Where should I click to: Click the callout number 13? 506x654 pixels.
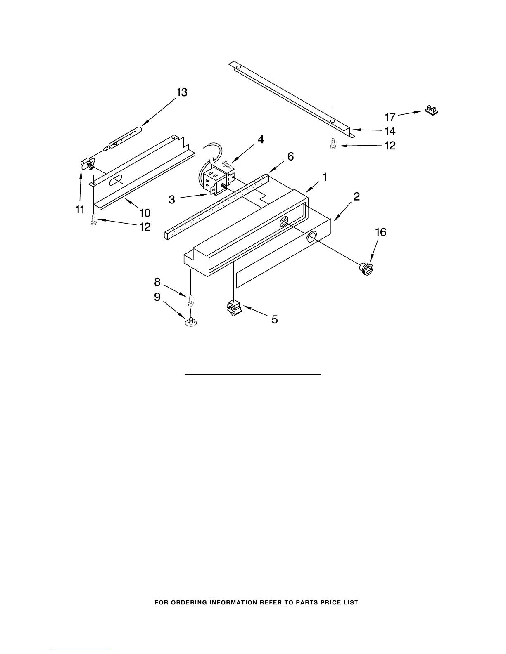(x=182, y=92)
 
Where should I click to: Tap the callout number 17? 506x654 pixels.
(x=390, y=117)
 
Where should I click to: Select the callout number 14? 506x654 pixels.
(x=390, y=131)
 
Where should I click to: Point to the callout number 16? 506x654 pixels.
(x=381, y=232)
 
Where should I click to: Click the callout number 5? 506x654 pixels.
(x=275, y=319)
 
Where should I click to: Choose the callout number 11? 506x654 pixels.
(x=80, y=209)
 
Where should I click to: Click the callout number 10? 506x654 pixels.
(x=145, y=213)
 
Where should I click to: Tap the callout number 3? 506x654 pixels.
(x=172, y=200)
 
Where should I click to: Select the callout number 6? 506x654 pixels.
(x=291, y=156)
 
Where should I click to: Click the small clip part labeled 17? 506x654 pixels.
(x=431, y=110)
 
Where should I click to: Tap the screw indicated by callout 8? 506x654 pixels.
(x=190, y=301)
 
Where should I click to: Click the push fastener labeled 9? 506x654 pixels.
(x=191, y=322)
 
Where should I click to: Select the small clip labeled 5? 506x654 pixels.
(x=234, y=307)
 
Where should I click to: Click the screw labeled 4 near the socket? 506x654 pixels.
(x=228, y=164)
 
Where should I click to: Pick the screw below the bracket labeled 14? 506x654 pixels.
(x=333, y=144)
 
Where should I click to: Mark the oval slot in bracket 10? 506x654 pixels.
(x=116, y=180)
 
